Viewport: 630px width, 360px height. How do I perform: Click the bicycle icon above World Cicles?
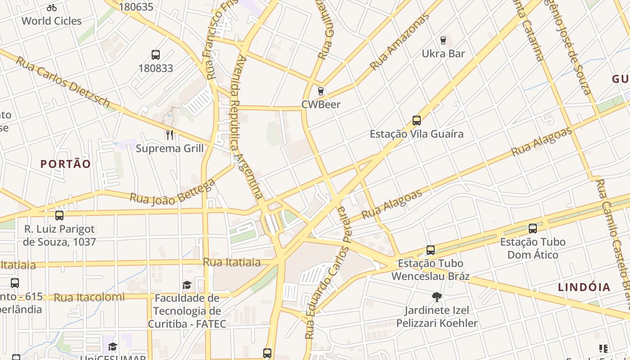tap(52, 8)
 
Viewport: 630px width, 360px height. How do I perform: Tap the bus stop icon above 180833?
tap(156, 55)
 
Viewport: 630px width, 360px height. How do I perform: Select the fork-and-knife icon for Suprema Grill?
tap(170, 135)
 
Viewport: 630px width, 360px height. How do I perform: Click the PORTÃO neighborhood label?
tap(66, 164)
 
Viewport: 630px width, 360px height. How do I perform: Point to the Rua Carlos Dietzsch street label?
tap(63, 82)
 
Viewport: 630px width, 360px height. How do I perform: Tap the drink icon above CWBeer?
tap(320, 91)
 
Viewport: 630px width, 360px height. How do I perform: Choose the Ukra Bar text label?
tap(443, 54)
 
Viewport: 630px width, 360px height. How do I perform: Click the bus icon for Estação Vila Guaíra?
tap(417, 121)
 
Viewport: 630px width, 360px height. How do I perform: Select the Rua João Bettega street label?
tap(173, 192)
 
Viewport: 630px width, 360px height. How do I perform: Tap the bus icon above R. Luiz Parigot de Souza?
tap(59, 216)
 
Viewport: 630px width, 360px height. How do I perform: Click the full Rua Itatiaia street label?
tap(232, 262)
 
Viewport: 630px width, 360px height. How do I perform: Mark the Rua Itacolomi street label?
tap(89, 297)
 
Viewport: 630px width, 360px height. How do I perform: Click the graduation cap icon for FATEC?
tap(187, 285)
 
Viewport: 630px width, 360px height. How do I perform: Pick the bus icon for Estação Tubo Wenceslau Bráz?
tap(431, 250)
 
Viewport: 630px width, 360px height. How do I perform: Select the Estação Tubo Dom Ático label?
tap(532, 248)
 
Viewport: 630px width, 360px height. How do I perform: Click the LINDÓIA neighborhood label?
tap(584, 287)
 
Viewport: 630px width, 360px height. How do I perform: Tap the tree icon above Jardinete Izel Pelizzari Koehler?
tap(436, 297)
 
